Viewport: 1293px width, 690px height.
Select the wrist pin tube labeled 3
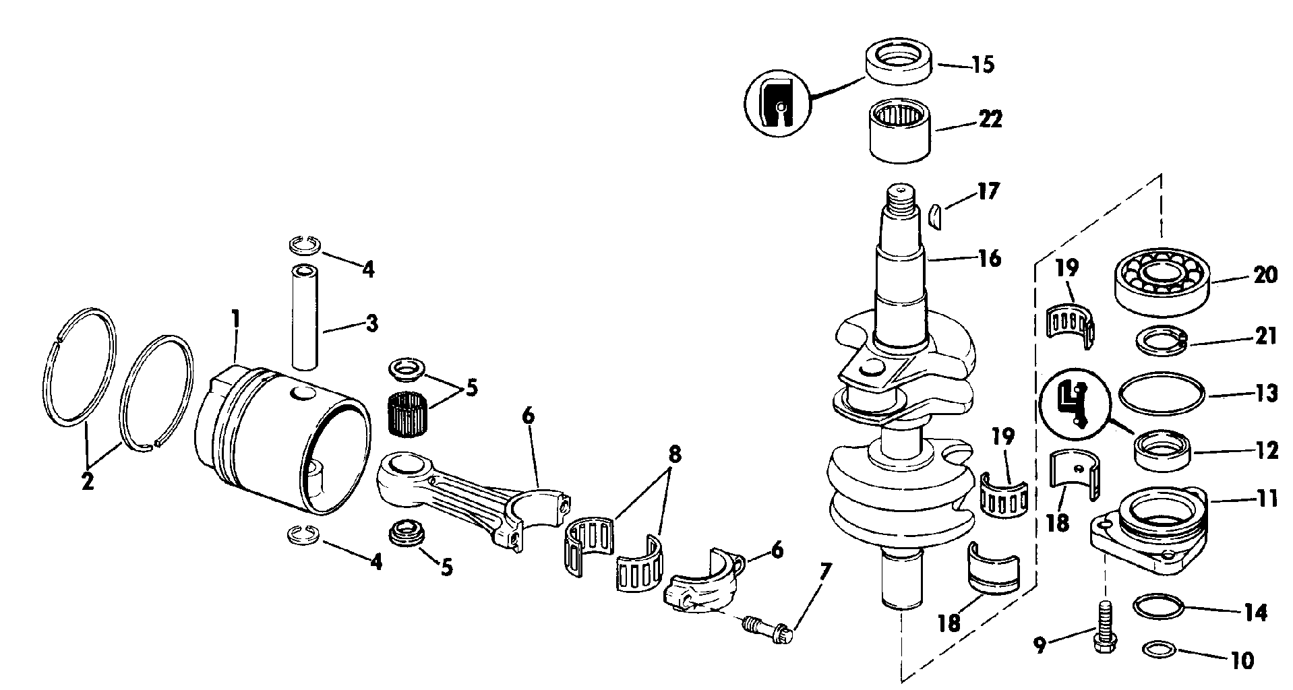click(305, 317)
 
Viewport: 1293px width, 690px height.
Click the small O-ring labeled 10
click(1161, 650)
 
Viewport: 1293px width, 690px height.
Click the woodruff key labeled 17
click(934, 216)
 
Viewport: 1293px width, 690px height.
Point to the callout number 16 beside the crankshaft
click(989, 258)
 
